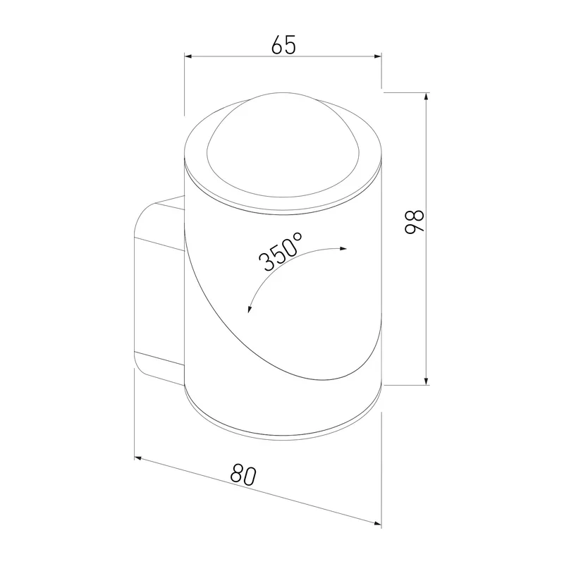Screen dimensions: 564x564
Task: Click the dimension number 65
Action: click(x=283, y=45)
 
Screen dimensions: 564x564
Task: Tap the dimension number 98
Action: click(x=415, y=222)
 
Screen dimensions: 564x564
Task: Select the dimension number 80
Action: click(x=243, y=474)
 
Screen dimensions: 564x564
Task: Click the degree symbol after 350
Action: click(x=298, y=238)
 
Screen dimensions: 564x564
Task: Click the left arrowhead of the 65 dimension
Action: click(x=188, y=56)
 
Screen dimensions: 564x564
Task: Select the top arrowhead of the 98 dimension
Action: click(x=427, y=97)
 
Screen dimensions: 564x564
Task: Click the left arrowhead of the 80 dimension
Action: click(x=138, y=458)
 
